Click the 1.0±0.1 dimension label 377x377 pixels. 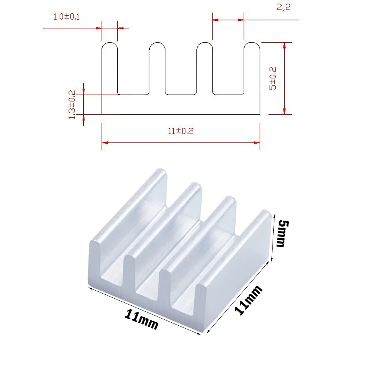pyautogui.click(x=66, y=17)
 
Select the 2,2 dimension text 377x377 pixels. pyautogui.click(x=284, y=7)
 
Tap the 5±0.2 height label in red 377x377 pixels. pyautogui.click(x=273, y=78)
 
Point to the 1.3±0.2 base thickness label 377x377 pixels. pyautogui.click(x=72, y=104)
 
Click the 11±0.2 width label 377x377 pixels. pyautogui.click(x=181, y=131)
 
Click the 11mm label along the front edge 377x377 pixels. pyautogui.click(x=141, y=319)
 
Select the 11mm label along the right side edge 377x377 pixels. pyautogui.click(x=248, y=300)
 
